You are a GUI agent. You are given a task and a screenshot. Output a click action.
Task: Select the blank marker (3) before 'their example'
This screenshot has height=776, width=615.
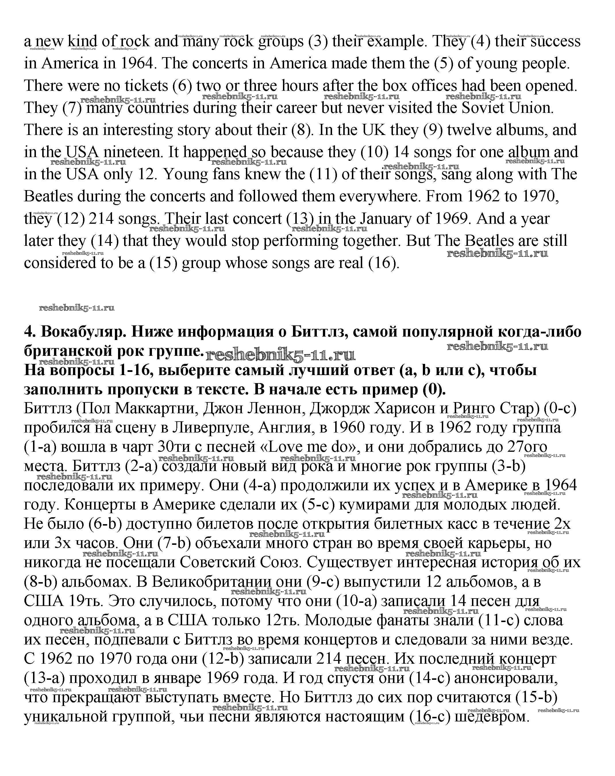[318, 41]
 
